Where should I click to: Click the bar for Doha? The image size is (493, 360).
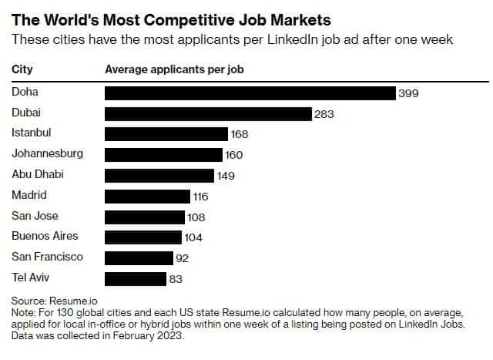pyautogui.click(x=250, y=93)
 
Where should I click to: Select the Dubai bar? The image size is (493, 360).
pyautogui.click(x=207, y=113)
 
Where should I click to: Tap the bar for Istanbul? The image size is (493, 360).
pyautogui.click(x=166, y=134)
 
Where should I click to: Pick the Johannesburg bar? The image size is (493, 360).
pyautogui.click(x=163, y=154)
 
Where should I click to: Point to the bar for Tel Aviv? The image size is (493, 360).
pyautogui.click(x=135, y=278)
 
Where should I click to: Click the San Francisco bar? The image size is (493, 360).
pyautogui.click(x=138, y=257)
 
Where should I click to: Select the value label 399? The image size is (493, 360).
pyautogui.click(x=408, y=93)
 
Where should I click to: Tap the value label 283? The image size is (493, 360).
pyautogui.click(x=324, y=114)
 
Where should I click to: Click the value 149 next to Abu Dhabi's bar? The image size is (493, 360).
pyautogui.click(x=226, y=176)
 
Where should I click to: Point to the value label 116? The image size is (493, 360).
pyautogui.click(x=201, y=197)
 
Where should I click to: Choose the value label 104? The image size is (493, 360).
pyautogui.click(x=193, y=237)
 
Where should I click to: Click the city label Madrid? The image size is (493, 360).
pyautogui.click(x=29, y=195)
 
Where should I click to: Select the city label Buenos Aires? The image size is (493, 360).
pyautogui.click(x=45, y=236)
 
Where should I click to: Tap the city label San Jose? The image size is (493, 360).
pyautogui.click(x=35, y=216)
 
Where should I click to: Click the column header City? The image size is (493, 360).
pyautogui.click(x=22, y=69)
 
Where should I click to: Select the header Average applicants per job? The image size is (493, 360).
pyautogui.click(x=174, y=69)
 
